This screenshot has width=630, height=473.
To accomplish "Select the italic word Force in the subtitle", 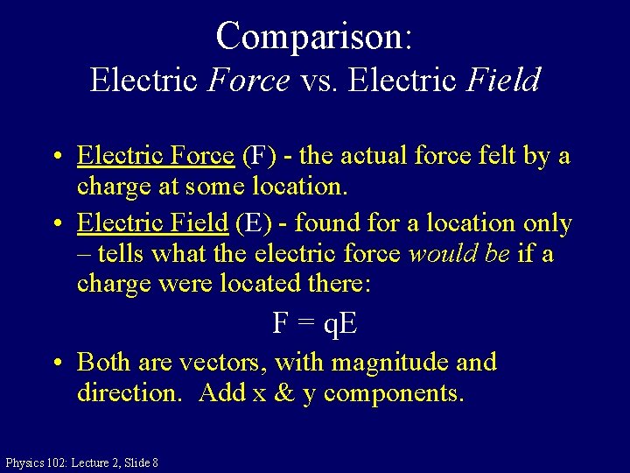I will coord(249,81).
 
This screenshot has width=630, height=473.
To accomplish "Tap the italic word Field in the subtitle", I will coord(503,81).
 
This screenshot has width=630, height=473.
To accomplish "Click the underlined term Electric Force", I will coord(156,156).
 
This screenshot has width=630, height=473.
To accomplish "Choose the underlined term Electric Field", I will coord(152,223).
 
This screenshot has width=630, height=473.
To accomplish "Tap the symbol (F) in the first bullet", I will coord(258,156).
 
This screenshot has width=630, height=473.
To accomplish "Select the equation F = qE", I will coord(314,323).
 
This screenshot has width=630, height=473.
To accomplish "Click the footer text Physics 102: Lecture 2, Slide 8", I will coord(81,462).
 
